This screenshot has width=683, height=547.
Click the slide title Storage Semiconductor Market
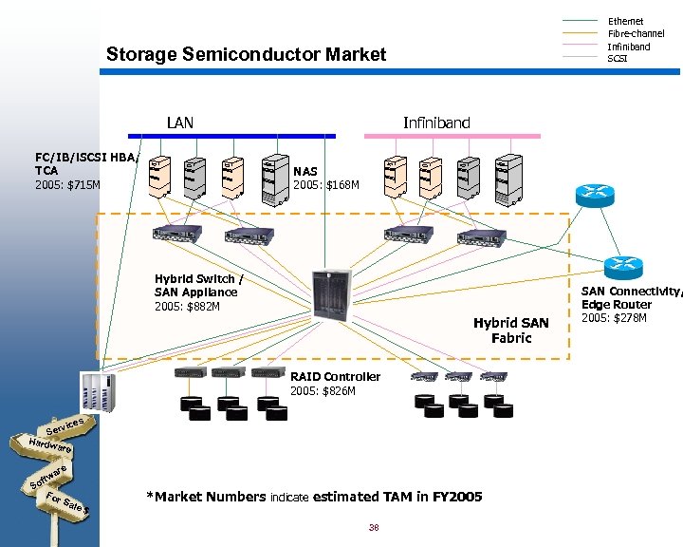click(247, 54)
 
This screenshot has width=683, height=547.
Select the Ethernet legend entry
click(625, 21)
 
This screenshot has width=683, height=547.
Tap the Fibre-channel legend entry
click(636, 33)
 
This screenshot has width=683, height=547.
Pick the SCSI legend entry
click(618, 59)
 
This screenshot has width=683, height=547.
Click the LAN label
click(180, 123)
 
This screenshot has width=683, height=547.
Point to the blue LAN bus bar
click(232, 136)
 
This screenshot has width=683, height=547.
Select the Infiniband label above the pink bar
click(436, 123)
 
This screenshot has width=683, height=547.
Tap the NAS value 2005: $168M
click(326, 185)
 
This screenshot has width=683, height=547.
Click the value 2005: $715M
click(67, 185)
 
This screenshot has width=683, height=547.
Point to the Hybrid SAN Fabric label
click(510, 330)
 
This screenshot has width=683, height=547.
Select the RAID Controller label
click(335, 377)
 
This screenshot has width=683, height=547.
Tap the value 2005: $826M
click(323, 391)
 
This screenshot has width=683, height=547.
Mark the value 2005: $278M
click(614, 317)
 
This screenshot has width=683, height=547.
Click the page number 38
click(373, 528)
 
